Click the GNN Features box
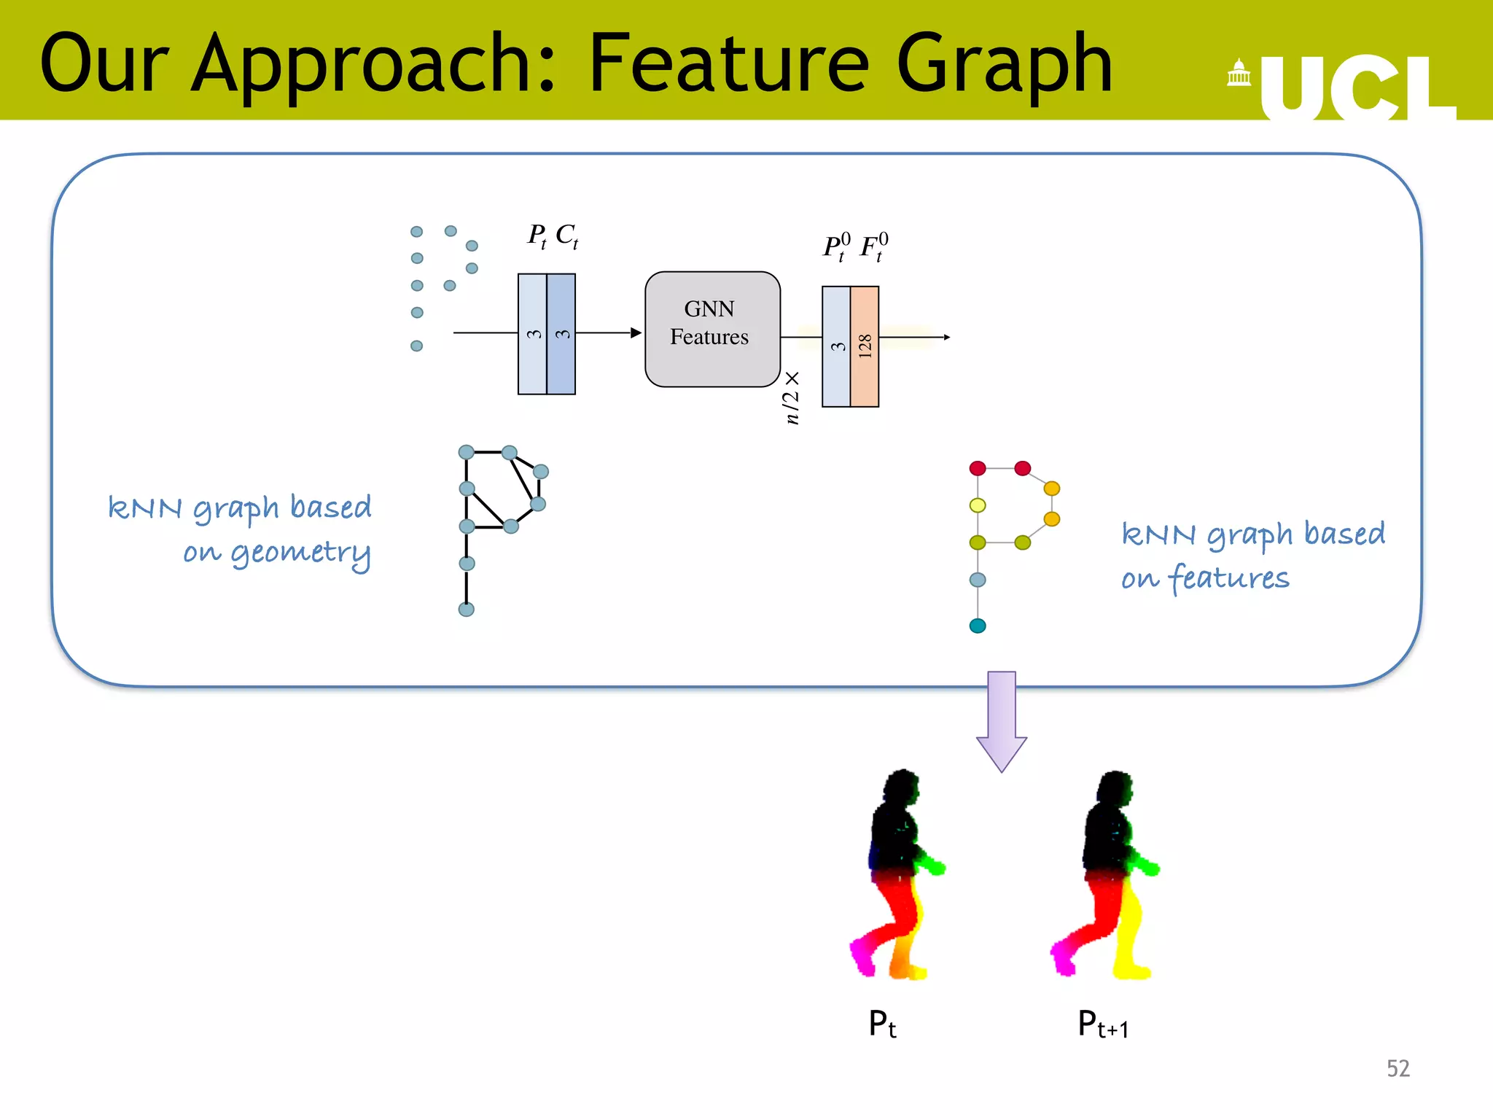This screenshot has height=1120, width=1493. tap(712, 329)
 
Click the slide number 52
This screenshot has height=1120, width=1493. tap(1398, 1068)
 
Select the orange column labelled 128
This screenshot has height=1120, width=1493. tap(865, 346)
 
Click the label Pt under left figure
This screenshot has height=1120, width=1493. tap(882, 1024)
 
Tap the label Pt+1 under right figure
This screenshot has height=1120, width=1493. tap(1102, 1024)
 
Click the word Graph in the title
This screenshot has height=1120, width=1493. tap(1004, 66)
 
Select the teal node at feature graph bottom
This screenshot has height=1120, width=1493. tap(978, 626)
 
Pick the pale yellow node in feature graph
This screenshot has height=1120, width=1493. tap(978, 505)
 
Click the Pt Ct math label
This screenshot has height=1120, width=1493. tap(553, 236)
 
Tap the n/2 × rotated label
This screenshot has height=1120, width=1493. tap(792, 397)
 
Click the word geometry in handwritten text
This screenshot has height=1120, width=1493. tap(300, 553)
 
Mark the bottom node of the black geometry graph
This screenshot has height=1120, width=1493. tap(467, 609)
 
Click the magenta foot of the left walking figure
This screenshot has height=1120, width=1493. tap(862, 957)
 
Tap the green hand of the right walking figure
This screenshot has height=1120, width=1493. tap(1147, 868)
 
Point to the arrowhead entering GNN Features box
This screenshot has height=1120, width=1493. tap(636, 332)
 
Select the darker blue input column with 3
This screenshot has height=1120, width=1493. tap(561, 334)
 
